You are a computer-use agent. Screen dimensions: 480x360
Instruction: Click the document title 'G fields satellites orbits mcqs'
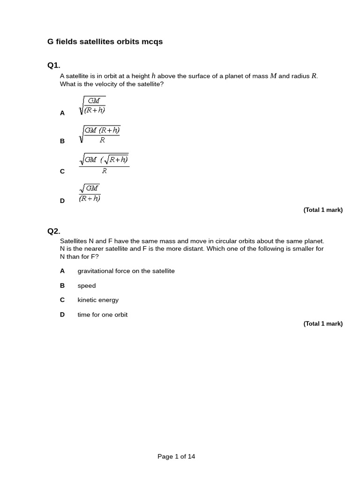pos(105,42)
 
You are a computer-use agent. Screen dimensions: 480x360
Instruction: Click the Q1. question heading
pos(54,65)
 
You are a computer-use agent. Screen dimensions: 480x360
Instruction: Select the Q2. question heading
pos(54,231)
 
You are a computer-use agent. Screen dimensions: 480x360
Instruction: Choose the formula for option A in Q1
pos(92,105)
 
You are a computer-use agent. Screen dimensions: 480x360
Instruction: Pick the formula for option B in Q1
pos(100,134)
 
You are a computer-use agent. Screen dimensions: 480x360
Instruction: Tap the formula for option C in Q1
pos(104,164)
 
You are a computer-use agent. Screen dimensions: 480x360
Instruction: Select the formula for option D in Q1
pos(90,193)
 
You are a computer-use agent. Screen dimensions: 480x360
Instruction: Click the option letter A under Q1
pos(62,113)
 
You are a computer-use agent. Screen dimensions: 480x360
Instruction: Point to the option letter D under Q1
pos(62,201)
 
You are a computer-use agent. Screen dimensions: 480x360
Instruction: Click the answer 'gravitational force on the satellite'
pos(126,271)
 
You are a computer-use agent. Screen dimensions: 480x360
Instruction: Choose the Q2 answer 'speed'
pos(87,285)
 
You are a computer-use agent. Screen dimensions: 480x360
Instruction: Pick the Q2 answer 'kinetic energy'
pos(98,300)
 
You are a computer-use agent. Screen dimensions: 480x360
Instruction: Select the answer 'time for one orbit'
pos(103,315)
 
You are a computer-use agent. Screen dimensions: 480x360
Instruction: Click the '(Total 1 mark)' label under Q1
pos(323,210)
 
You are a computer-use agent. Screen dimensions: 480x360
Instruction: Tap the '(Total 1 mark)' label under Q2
pos(323,323)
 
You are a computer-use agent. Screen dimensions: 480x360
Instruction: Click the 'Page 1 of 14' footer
pos(176,457)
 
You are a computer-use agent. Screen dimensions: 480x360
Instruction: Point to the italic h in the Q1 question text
pos(153,76)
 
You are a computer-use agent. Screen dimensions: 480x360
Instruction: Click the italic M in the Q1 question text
pos(273,76)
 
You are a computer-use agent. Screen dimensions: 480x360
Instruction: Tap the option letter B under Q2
pos(62,285)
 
